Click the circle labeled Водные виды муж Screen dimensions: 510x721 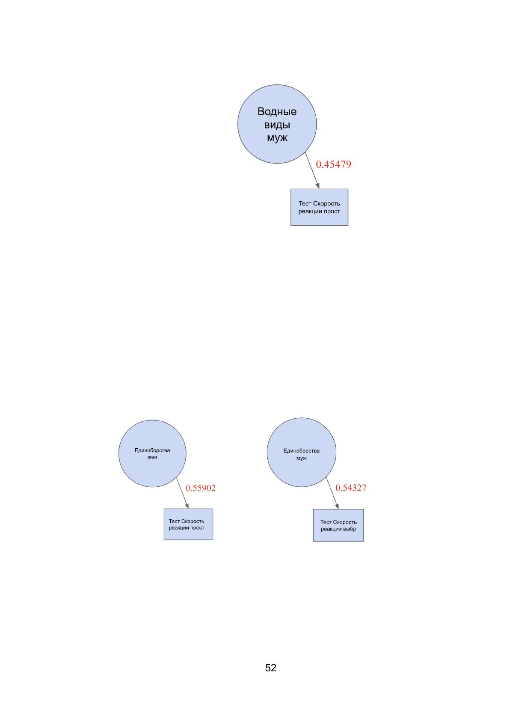(x=277, y=124)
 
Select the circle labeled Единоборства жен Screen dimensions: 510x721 (x=152, y=453)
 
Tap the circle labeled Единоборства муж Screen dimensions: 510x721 (x=301, y=452)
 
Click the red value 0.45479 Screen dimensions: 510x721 (x=333, y=164)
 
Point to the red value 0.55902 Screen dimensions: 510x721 (x=201, y=488)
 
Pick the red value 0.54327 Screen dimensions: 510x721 (x=351, y=488)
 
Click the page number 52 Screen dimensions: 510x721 (x=270, y=668)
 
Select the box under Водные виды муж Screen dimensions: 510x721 (x=319, y=207)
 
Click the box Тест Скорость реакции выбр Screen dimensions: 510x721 (x=338, y=525)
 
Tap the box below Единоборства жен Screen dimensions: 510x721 (x=188, y=524)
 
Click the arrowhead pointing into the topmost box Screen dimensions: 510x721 (x=318, y=186)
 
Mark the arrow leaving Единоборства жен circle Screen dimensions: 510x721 (x=182, y=493)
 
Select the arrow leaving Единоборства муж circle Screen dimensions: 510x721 (x=332, y=493)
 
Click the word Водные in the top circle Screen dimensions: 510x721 (x=277, y=111)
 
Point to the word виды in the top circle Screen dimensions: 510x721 (x=277, y=125)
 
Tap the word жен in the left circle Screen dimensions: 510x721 (x=152, y=457)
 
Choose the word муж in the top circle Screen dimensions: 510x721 (x=277, y=138)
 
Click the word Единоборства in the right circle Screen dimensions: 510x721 (x=301, y=450)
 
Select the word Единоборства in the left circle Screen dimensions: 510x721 (x=152, y=450)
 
